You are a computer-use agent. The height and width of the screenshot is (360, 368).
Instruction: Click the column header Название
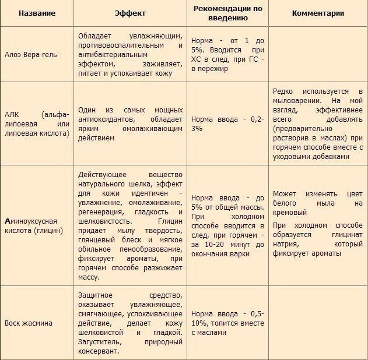point(37,13)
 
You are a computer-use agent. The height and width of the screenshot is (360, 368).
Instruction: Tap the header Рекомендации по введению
point(228,13)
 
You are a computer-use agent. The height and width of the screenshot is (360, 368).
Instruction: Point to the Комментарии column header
point(318,13)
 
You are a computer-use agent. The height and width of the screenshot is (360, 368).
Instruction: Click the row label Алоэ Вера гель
point(30,52)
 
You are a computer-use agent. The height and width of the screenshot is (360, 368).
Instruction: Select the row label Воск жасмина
point(29,323)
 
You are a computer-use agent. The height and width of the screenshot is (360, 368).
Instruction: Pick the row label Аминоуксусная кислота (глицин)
point(30,227)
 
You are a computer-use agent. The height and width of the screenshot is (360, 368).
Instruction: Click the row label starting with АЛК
point(36,123)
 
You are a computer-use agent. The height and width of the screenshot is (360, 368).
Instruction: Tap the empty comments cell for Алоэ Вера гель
point(318,52)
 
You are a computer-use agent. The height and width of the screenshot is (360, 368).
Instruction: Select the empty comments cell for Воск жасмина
point(318,323)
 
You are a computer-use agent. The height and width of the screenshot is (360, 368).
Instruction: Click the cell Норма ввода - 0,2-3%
point(228,123)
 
